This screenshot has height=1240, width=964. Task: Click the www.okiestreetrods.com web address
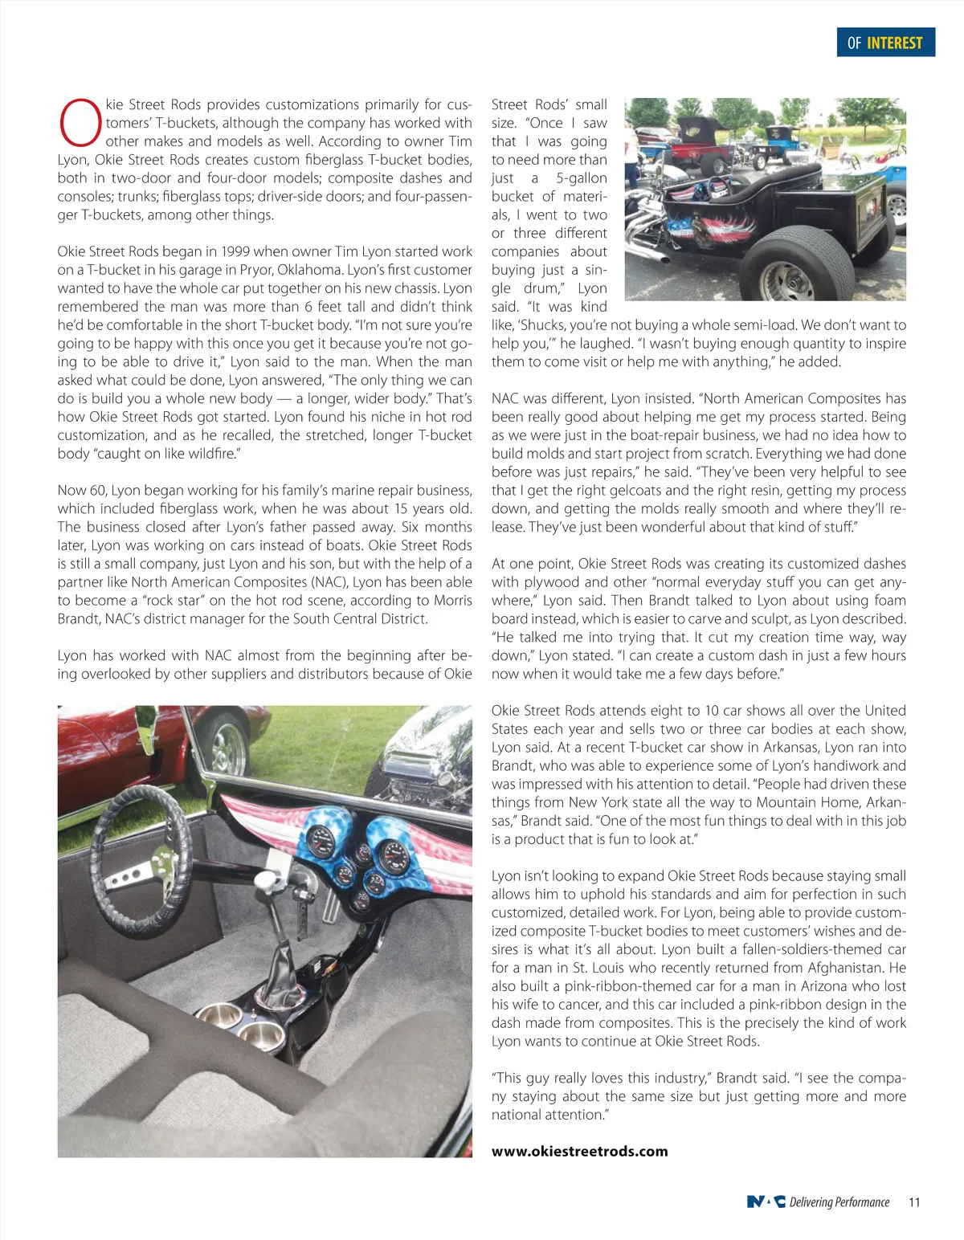(579, 1151)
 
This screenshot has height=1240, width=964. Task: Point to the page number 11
(914, 1202)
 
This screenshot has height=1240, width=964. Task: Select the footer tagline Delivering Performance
(839, 1202)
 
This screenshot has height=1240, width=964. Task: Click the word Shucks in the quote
(549, 325)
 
